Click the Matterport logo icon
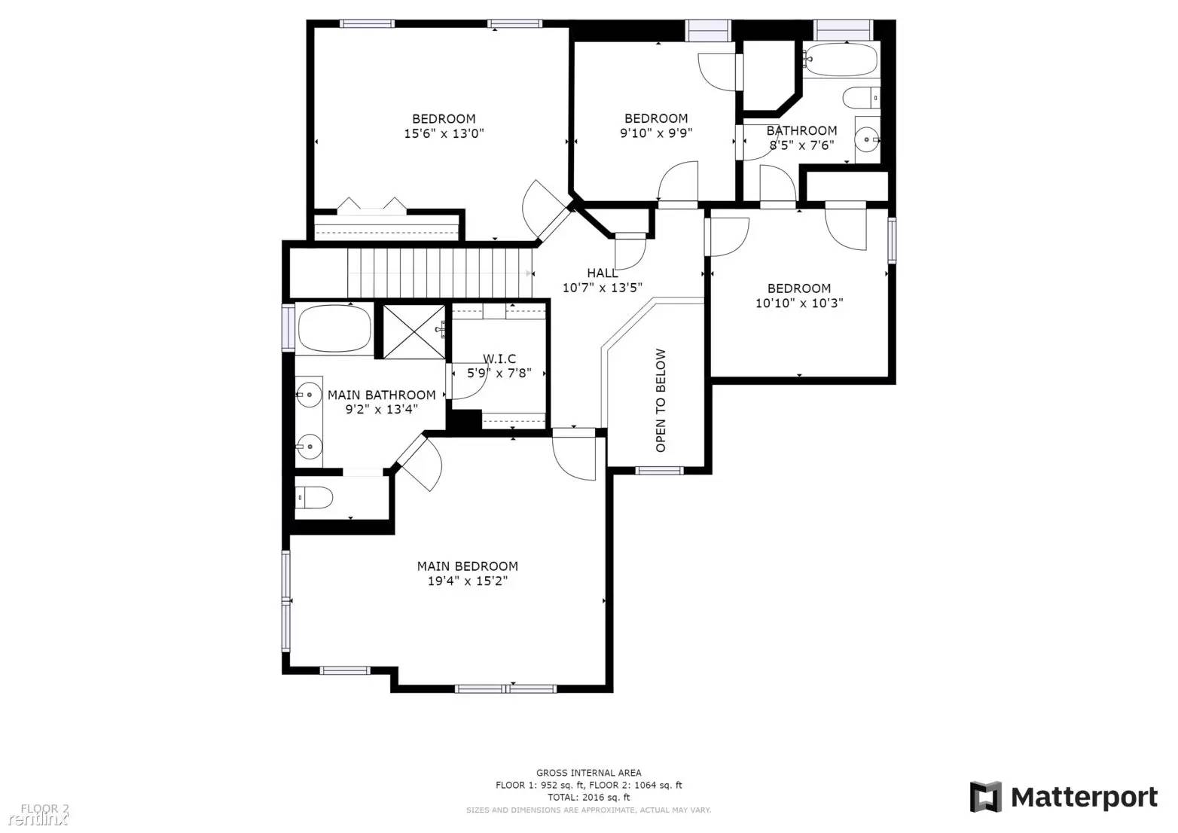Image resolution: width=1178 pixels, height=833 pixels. pos(985,797)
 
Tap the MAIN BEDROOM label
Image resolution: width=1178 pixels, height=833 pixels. pos(467,566)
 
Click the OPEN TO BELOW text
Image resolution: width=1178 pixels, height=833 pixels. pos(661,400)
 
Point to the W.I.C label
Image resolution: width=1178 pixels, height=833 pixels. pos(499,359)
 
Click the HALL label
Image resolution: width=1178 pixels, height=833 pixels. pos(602,273)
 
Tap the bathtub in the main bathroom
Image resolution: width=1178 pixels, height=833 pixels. pos(334,329)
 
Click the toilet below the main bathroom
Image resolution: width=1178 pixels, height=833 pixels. pos(315,497)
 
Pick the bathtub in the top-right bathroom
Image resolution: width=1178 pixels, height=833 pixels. pos(841,59)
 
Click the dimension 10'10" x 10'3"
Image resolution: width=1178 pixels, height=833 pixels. pos(798,304)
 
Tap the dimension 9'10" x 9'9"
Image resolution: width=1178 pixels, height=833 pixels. pos(655,133)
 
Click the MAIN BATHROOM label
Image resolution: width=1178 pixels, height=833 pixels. pos(381,395)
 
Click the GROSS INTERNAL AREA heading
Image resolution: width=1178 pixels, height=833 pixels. pos(588,773)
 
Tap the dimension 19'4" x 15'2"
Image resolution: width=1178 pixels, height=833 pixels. pos(467,581)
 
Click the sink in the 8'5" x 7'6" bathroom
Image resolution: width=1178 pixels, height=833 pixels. pos(868,139)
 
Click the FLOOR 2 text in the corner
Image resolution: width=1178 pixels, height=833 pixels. pos(44,809)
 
